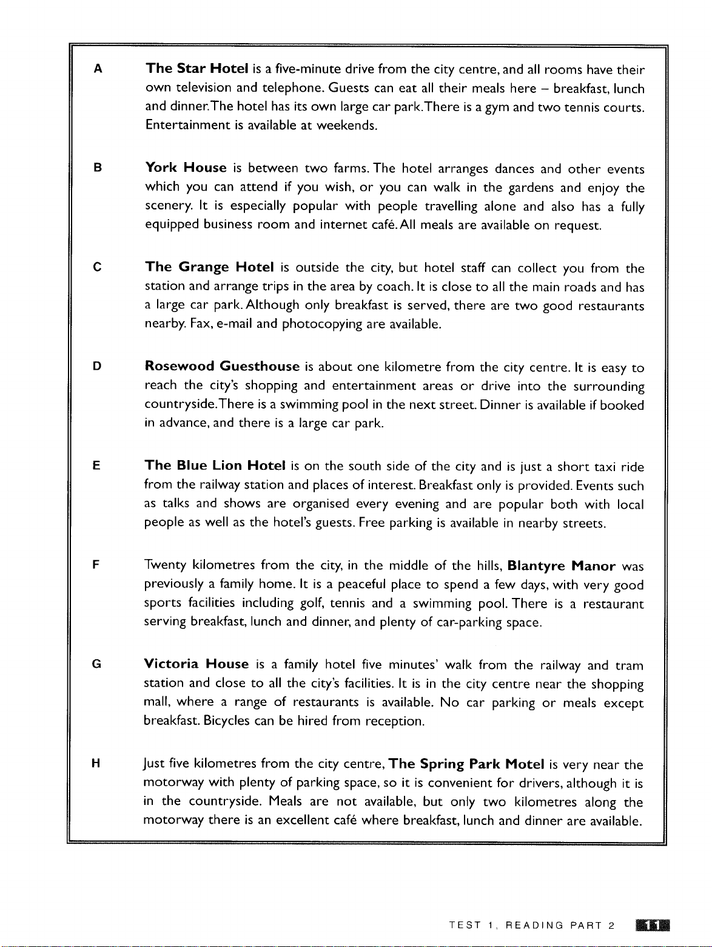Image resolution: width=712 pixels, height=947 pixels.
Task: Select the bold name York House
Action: point(186,168)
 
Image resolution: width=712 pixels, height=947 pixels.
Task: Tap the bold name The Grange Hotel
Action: point(210,268)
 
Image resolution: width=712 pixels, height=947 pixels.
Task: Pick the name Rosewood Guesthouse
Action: point(223,367)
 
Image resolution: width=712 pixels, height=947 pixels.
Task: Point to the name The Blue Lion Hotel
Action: point(215,466)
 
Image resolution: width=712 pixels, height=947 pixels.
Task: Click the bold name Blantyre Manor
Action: point(562,566)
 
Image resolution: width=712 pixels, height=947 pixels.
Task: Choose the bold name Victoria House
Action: point(197,664)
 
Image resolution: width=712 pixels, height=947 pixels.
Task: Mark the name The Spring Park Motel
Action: point(465,764)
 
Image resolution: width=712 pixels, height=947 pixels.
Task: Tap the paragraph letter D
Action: point(97,367)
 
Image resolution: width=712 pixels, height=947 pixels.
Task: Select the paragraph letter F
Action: point(97,566)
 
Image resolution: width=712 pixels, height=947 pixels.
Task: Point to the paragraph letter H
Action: point(97,764)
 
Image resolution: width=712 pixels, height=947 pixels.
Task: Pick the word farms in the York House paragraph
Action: point(351,168)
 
